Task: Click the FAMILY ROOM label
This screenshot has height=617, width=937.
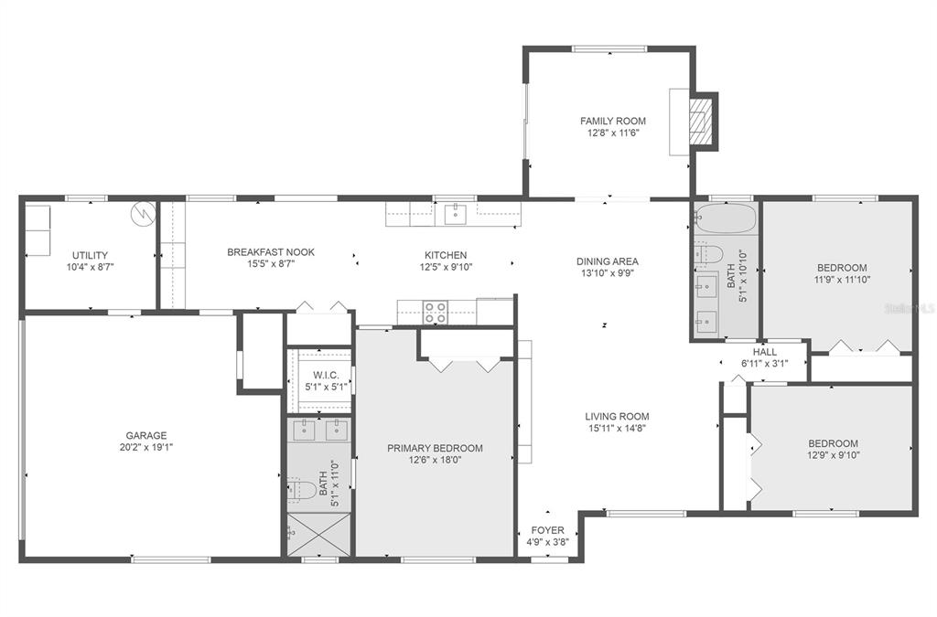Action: (612, 122)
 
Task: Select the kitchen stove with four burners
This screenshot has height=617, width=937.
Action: (435, 313)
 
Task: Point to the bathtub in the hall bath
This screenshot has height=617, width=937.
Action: (726, 218)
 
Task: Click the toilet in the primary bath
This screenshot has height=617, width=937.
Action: (302, 489)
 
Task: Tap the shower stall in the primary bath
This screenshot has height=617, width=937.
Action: (318, 535)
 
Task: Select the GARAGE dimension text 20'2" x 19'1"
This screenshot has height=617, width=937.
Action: (146, 447)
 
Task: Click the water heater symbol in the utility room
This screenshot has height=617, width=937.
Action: (144, 214)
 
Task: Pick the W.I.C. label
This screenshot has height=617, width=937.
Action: (327, 376)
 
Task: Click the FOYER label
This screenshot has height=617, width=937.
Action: (547, 530)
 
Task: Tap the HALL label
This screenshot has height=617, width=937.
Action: (765, 352)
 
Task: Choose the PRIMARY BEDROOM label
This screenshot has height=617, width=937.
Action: (435, 448)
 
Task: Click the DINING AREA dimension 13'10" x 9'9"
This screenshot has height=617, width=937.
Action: (608, 273)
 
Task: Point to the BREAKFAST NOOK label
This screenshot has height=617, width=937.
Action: (271, 252)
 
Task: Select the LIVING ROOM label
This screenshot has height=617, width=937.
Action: (617, 417)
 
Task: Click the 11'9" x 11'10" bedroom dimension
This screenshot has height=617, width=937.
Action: (842, 280)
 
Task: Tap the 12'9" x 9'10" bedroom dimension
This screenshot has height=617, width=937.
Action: (833, 455)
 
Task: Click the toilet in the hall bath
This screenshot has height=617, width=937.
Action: (708, 255)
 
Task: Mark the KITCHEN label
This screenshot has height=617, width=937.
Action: (446, 255)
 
